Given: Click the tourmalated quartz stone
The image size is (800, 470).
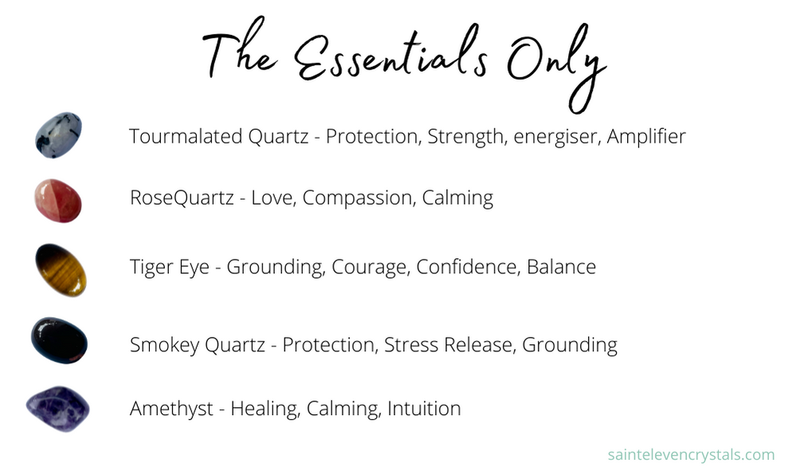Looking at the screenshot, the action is tap(58, 135).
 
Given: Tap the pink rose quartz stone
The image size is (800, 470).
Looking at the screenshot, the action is tap(57, 201).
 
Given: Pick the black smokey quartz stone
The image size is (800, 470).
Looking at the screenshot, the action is tap(59, 341).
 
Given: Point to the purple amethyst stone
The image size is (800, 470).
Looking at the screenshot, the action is tap(58, 409).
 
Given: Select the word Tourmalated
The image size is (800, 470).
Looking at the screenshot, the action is tap(186, 136).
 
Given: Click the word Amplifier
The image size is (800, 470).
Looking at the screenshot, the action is tap(646, 137).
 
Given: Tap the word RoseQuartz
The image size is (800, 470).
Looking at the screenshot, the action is tap(182, 198).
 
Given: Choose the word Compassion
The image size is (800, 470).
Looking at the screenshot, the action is tap(358, 198).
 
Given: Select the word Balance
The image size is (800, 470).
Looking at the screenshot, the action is tap(561, 267).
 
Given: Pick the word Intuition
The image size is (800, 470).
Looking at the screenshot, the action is tap(424, 409).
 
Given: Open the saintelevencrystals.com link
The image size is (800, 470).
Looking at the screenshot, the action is tap(692, 455).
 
